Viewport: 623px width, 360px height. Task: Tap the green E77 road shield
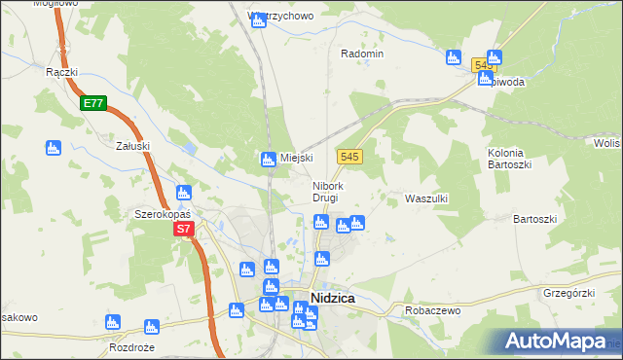tap(93, 103)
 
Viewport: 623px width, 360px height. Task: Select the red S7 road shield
tap(185, 230)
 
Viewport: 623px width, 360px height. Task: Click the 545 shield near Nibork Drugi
tap(351, 157)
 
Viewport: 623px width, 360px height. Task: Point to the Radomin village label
tap(362, 54)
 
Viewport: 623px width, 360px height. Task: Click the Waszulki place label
tap(425, 198)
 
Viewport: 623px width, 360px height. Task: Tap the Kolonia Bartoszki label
tap(506, 159)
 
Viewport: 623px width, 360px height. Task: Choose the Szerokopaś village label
tap(162, 213)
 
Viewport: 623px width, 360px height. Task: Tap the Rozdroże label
tap(133, 347)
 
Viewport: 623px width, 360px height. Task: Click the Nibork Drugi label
tap(326, 192)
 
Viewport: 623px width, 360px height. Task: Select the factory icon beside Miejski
tap(269, 159)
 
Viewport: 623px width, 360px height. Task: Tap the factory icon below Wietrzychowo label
tap(258, 19)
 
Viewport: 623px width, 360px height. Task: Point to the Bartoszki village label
tap(534, 219)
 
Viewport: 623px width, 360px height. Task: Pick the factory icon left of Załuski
tap(54, 148)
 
